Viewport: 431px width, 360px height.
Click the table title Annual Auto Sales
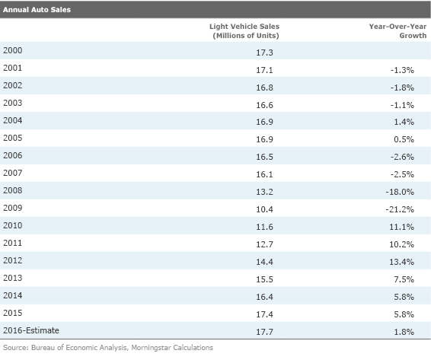click(x=37, y=10)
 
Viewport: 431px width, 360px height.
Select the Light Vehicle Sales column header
click(x=244, y=31)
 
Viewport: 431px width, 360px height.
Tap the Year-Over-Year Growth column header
click(x=397, y=31)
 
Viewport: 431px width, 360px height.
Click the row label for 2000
click(x=13, y=50)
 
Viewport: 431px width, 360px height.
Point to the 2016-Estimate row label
click(x=31, y=330)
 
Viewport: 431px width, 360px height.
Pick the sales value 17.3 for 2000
click(x=264, y=53)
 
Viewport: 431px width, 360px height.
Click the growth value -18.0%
click(x=400, y=192)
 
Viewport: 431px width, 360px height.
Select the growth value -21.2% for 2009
click(x=400, y=209)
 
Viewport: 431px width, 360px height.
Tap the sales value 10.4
click(x=264, y=209)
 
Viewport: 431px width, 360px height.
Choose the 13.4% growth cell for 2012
click(x=401, y=262)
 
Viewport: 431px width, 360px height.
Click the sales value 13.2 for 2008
click(x=264, y=192)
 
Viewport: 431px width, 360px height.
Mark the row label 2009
click(x=13, y=208)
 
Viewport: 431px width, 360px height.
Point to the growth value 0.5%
click(x=404, y=139)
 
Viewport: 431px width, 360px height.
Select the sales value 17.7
click(x=264, y=332)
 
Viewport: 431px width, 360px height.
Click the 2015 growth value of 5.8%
click(x=404, y=314)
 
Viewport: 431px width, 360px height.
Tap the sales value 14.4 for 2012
click(x=264, y=262)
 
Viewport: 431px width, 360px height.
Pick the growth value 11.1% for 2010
click(x=401, y=227)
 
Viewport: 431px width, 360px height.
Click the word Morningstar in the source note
click(x=150, y=348)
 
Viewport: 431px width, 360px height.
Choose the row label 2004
click(x=13, y=120)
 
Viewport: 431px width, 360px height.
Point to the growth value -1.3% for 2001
click(x=402, y=70)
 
